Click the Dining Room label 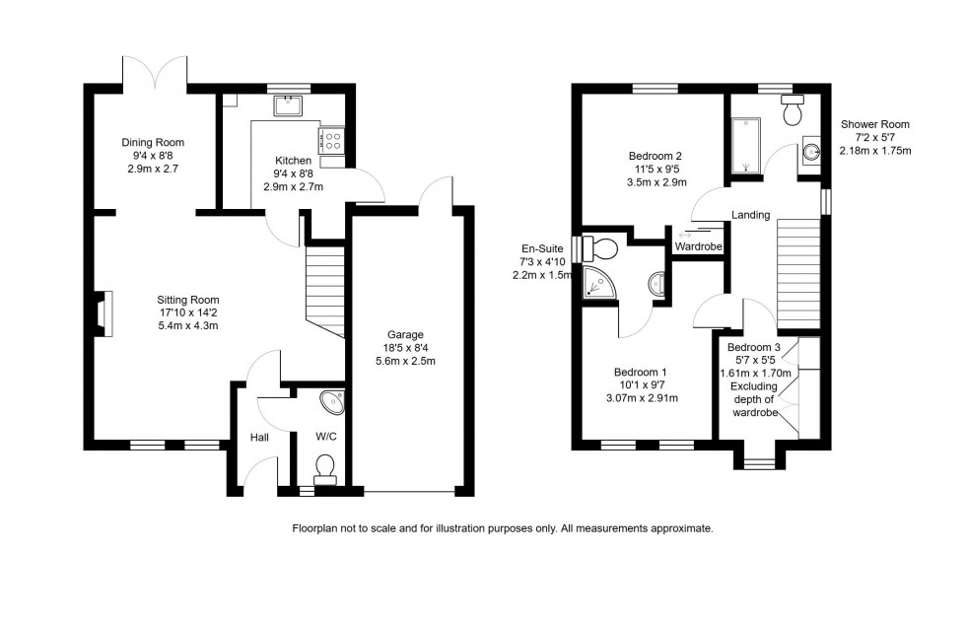tap(153, 142)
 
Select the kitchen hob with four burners tap(331, 141)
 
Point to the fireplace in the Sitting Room tap(103, 308)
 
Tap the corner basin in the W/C tap(333, 401)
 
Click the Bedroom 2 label tap(655, 156)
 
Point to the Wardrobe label tap(699, 247)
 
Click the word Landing tap(750, 214)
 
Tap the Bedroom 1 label tap(641, 372)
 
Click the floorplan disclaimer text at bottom tap(502, 529)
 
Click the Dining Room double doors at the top tap(153, 71)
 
